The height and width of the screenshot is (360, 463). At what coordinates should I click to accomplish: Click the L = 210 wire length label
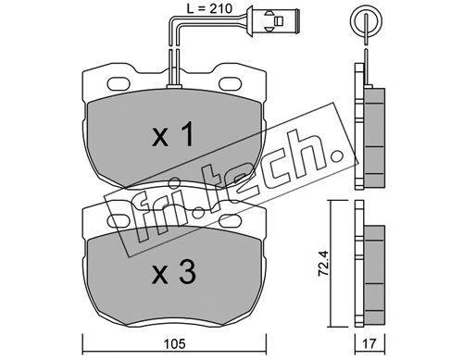coord(209,8)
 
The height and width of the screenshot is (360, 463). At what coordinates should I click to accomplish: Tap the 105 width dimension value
coord(174,343)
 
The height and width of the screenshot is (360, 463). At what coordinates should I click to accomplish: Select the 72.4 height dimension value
coord(324,263)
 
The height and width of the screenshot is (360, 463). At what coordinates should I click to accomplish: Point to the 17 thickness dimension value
coord(370,343)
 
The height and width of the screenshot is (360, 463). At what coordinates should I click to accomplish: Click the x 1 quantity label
coord(173,134)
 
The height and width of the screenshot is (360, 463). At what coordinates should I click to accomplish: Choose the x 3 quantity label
coord(174,271)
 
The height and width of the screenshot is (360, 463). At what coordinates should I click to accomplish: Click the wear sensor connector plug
coord(272,20)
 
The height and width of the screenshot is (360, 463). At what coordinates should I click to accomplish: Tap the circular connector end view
coord(366,20)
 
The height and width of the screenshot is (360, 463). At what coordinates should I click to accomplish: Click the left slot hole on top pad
coord(119,82)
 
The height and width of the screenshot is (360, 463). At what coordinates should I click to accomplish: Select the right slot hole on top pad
coord(231,82)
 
